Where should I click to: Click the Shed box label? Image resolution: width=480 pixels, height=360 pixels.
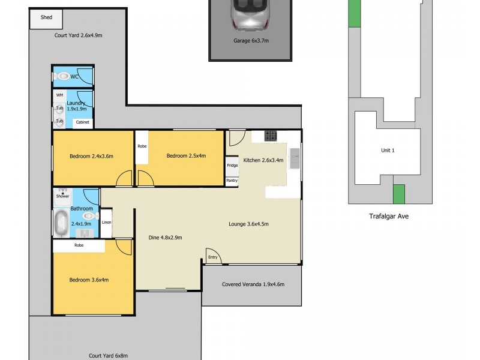[46, 17]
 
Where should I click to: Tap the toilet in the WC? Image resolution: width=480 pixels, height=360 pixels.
[62, 77]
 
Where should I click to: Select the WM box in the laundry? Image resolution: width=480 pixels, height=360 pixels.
[59, 95]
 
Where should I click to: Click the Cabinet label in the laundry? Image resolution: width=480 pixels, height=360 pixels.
[83, 123]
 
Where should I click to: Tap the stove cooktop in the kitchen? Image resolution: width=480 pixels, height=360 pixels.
[270, 135]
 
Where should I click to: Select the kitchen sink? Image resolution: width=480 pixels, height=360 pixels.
[295, 158]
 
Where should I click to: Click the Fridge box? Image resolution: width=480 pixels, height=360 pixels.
[232, 166]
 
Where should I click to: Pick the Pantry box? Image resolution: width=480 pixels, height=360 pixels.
[232, 181]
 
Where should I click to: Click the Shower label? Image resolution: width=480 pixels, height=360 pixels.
[62, 196]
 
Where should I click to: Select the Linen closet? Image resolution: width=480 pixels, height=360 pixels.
[106, 223]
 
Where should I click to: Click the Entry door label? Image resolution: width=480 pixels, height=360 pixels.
[213, 257]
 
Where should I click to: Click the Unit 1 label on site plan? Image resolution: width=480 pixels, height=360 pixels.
[388, 150]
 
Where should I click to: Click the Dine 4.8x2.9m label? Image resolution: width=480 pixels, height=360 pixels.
[165, 237]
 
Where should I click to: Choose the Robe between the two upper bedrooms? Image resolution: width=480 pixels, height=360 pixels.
[142, 146]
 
